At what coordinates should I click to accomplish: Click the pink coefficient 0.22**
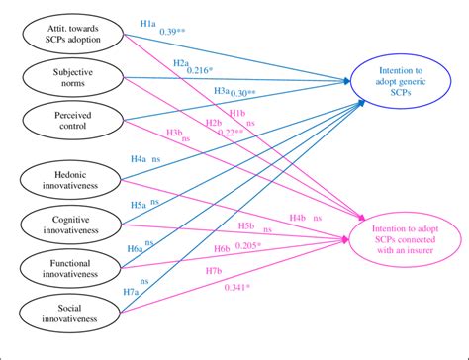coord(232,134)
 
